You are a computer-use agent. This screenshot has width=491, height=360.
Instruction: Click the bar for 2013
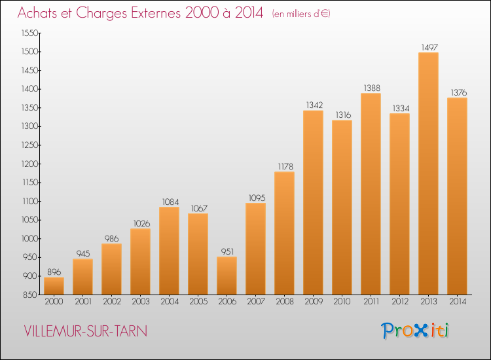point(428,173)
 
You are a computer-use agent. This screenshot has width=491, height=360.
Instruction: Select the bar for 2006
point(227,275)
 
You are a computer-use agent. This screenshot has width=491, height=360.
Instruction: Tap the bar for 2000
point(54,285)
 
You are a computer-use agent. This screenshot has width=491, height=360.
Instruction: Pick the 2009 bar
point(313,202)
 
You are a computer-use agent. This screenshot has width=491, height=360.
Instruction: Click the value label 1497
point(428,47)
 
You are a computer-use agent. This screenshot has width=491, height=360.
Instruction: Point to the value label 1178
point(284,166)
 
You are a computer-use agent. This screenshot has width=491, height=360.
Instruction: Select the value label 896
point(54,272)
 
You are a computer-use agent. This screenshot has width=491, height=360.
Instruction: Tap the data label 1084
point(169,202)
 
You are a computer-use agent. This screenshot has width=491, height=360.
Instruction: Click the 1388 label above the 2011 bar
point(371,88)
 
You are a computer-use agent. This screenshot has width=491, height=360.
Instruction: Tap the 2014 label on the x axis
point(457,301)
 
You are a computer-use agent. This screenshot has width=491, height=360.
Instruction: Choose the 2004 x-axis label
point(169,301)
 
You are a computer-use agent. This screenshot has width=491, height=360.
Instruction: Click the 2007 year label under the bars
point(255,301)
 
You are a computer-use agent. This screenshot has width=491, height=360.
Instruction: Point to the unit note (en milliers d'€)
point(301,14)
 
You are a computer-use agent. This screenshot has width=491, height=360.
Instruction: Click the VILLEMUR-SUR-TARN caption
point(86,331)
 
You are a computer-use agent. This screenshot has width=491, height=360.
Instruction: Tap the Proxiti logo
point(416,331)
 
